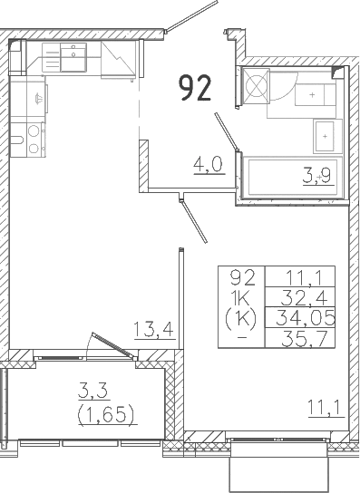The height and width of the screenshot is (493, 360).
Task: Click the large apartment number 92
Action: click(x=195, y=89)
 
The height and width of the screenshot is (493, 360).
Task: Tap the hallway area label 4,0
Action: click(x=207, y=166)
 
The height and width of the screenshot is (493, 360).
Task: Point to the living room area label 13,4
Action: click(x=154, y=329)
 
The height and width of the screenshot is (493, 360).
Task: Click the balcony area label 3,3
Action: click(x=92, y=392)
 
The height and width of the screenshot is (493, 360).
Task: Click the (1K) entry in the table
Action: click(x=241, y=317)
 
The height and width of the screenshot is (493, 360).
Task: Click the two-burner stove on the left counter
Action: click(x=33, y=137)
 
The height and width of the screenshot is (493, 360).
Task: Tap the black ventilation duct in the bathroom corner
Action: click(x=338, y=72)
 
